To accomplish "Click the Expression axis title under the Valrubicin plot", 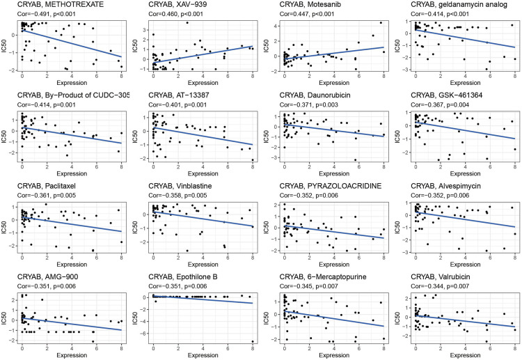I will tap(464, 355).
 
